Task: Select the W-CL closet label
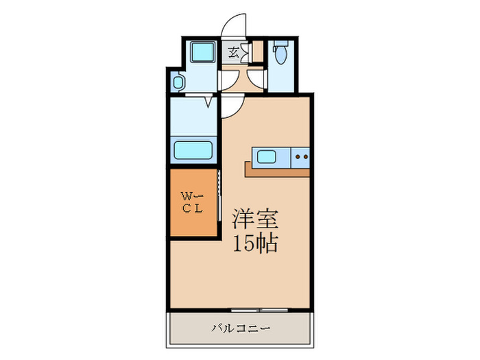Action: click(192, 204)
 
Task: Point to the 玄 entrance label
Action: click(233, 51)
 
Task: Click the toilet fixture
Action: click(279, 52)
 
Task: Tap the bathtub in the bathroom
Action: click(193, 149)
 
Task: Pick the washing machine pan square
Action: click(202, 52)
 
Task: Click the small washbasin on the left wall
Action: click(178, 83)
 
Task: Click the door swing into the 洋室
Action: click(232, 108)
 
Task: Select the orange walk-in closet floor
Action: click(193, 204)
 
